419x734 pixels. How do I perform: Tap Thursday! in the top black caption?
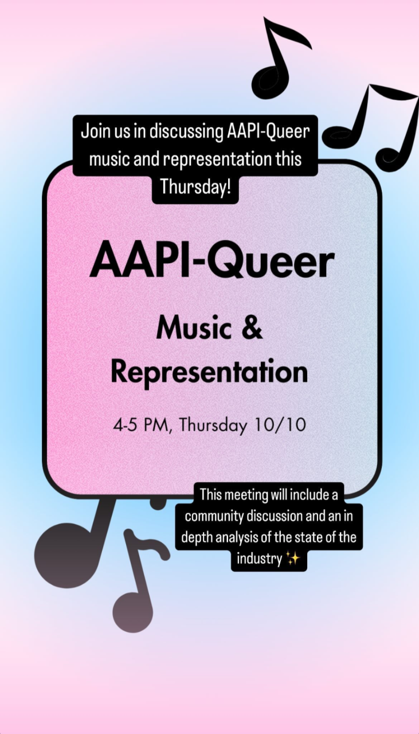[x=195, y=187]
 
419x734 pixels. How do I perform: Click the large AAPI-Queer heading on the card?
[x=212, y=264]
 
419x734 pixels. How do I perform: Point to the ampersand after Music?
[x=252, y=328]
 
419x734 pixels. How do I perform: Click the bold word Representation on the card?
[x=209, y=373]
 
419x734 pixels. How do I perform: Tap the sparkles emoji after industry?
[x=292, y=558]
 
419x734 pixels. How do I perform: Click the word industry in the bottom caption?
[x=260, y=559]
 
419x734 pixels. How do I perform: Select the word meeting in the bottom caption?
[x=242, y=495]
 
